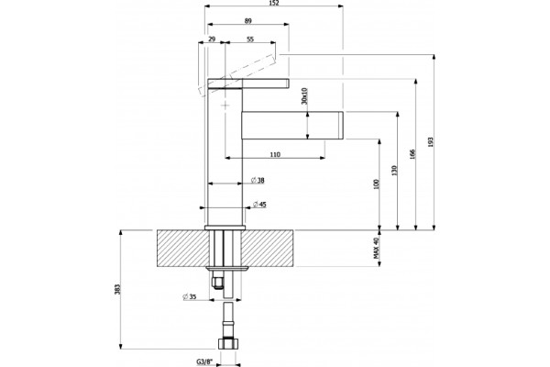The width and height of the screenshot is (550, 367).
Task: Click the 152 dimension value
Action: [274, 3]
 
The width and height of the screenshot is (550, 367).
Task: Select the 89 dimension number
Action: [248, 21]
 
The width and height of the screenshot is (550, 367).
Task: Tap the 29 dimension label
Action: [212, 39]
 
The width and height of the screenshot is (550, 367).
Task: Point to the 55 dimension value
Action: [249, 39]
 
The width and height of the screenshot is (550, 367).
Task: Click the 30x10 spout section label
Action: [304, 95]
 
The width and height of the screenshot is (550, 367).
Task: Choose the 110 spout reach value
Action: [275, 154]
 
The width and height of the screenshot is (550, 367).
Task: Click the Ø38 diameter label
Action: [258, 181]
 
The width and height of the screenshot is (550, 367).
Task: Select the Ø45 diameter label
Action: [259, 205]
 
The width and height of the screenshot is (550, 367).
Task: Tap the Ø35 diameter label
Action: [189, 296]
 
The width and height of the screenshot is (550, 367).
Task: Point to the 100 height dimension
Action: [377, 184]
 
